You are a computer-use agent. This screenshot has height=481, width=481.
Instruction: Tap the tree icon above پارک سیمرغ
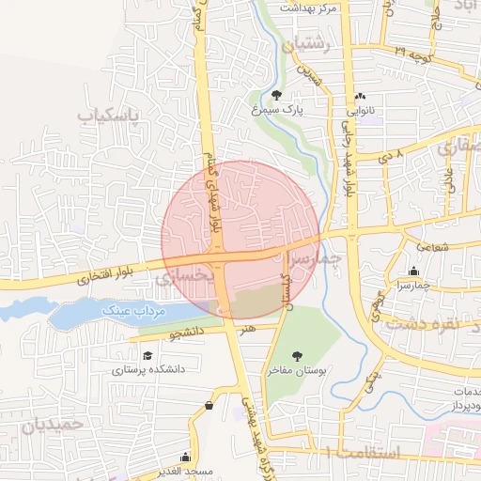pos(276,95)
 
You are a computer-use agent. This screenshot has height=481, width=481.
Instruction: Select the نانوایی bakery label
pos(361,110)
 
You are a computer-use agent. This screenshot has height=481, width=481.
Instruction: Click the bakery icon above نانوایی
pos(361,96)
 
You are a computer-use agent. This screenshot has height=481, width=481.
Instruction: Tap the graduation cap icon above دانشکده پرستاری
pos(147,355)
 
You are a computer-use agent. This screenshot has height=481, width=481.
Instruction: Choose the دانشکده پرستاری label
pos(148,369)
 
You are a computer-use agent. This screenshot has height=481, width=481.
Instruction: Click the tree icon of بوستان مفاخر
pos(297,356)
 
